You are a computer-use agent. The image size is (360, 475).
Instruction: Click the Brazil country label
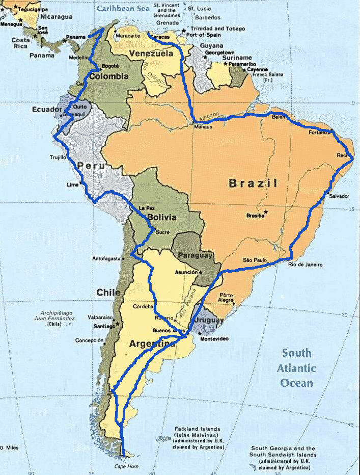click(x=253, y=183)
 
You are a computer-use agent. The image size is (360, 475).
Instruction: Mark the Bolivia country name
click(x=162, y=217)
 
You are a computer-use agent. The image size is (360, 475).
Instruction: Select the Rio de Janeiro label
click(x=305, y=265)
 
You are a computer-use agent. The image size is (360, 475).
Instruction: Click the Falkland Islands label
click(x=196, y=429)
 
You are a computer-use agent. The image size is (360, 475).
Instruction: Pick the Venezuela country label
click(x=151, y=54)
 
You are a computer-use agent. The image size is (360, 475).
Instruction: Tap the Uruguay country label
click(x=208, y=321)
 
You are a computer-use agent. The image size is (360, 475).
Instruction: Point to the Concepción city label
click(x=89, y=340)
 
